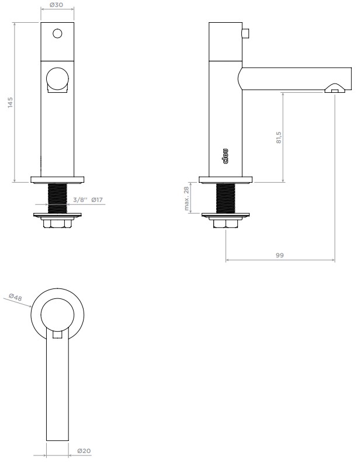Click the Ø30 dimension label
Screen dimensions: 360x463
pos(56,5)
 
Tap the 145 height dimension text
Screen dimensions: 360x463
pos(10,102)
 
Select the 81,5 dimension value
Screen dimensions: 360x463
pos(279,137)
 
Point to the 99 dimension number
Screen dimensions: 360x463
pos(279,255)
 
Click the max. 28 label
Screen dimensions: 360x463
pos(186,199)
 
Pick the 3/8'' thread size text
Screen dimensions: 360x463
pos(81,200)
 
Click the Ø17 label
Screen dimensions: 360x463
pos(97,200)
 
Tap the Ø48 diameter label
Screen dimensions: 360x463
pos(15,297)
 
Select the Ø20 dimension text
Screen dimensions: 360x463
pos(84,451)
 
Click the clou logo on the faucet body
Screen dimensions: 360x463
pos(225,156)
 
